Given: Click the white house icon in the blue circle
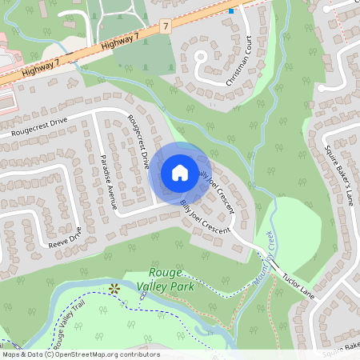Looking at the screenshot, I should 180,172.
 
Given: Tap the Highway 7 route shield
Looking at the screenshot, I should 166,27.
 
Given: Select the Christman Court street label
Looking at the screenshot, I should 243,59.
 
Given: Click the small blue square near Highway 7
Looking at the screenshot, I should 231,11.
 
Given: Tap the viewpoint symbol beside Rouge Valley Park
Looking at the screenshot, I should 114,288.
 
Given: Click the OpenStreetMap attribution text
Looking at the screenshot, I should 81,354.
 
